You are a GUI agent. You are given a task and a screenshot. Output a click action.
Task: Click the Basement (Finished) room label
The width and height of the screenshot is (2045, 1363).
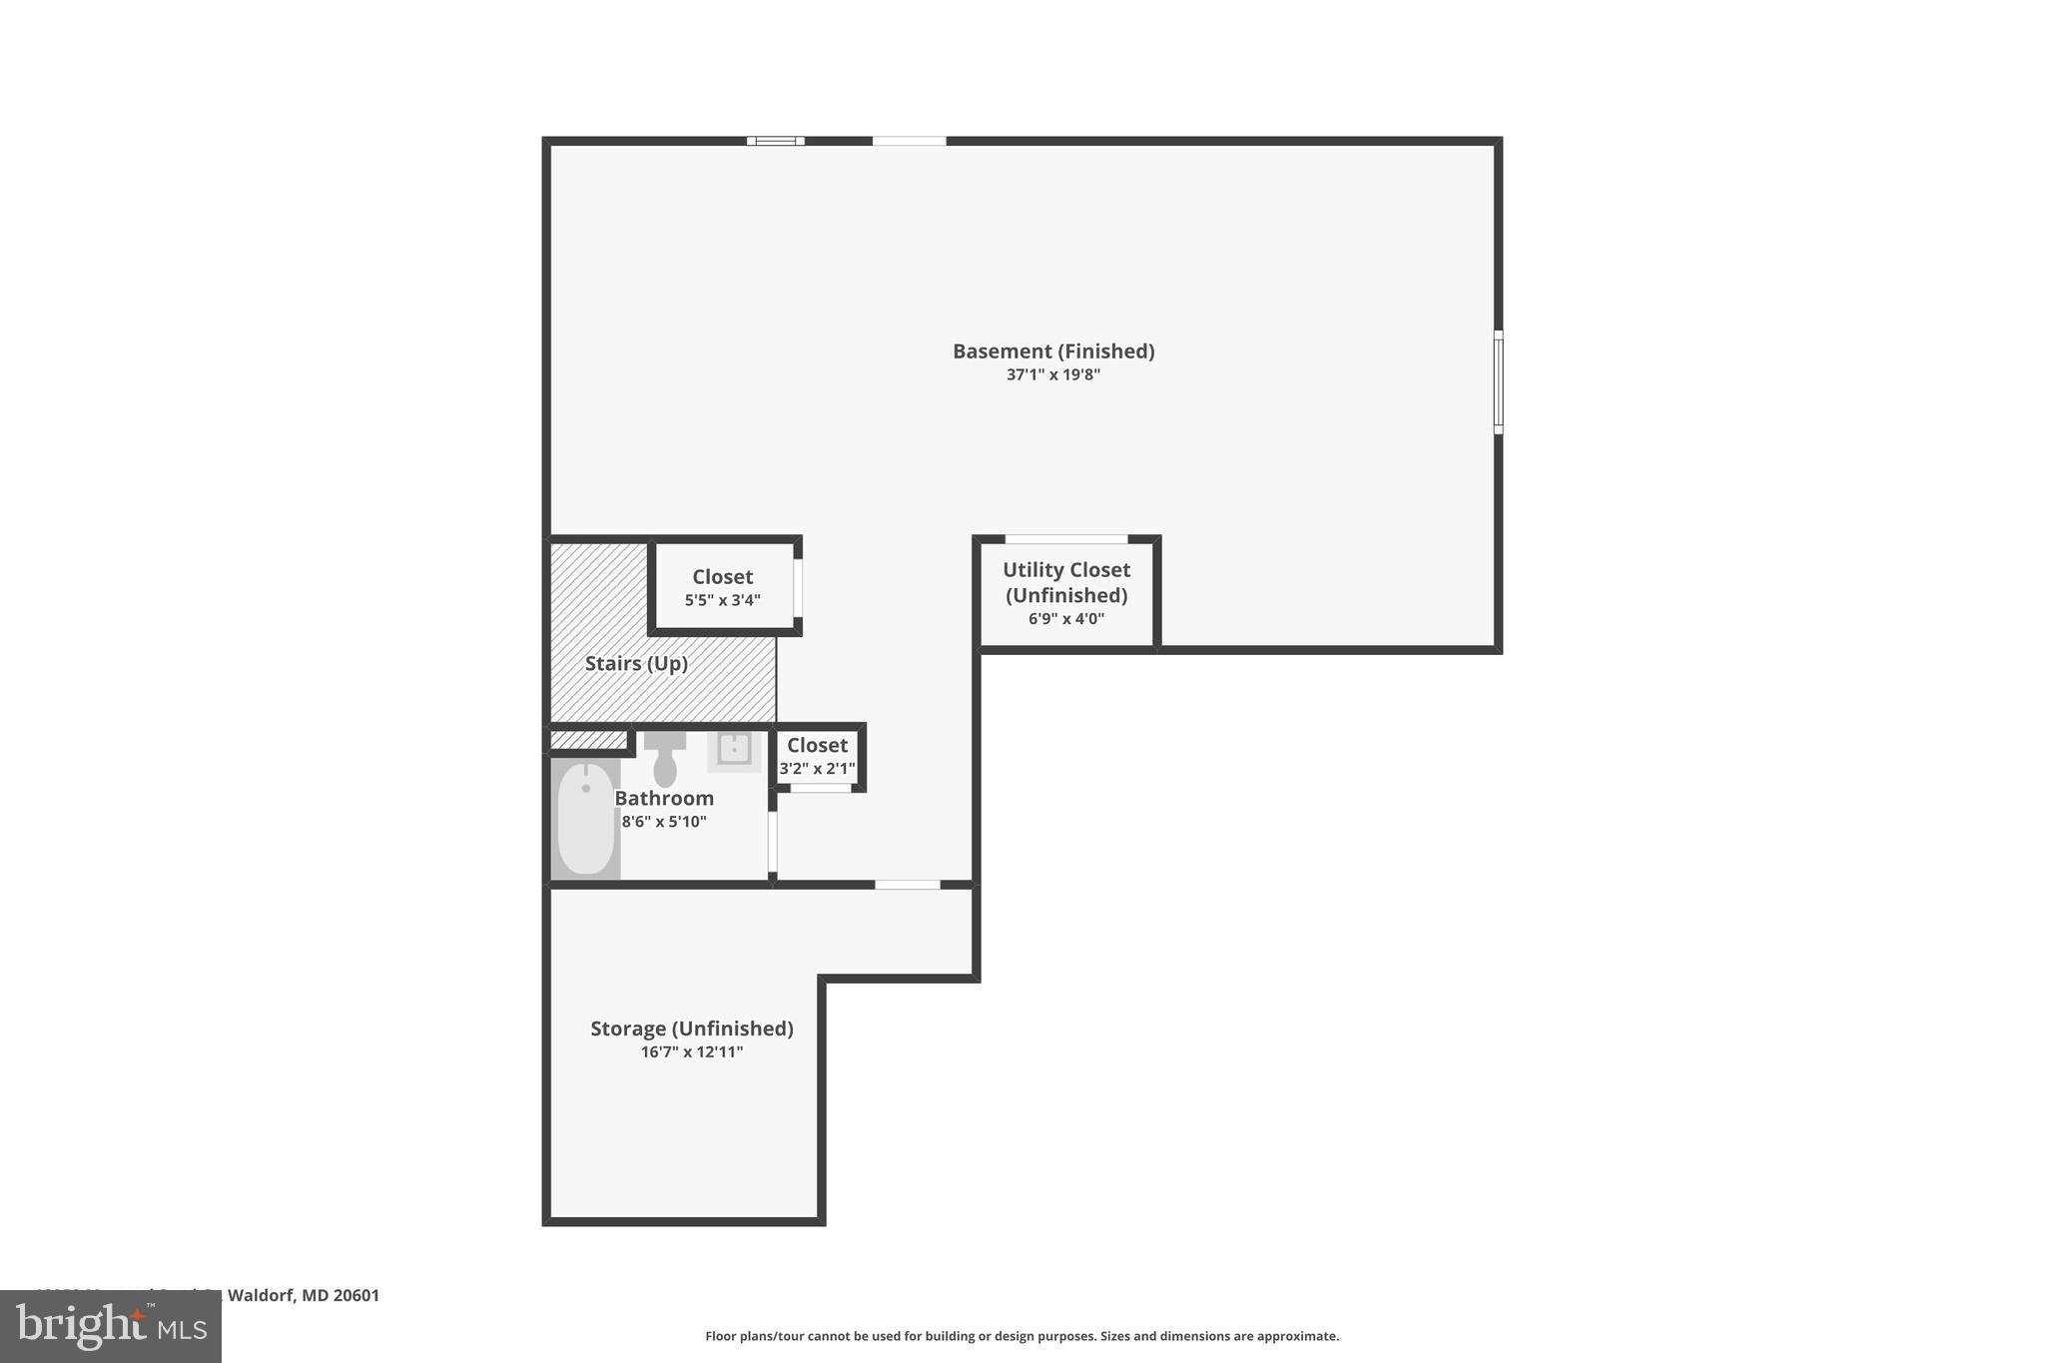click(1052, 351)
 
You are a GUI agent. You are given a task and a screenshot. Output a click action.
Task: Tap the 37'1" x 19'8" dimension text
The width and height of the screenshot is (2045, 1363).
click(1052, 375)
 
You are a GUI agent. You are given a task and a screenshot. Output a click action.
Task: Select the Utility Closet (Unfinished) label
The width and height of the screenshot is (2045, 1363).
click(1065, 582)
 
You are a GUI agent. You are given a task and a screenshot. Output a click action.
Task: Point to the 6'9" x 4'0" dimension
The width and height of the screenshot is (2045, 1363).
click(1065, 619)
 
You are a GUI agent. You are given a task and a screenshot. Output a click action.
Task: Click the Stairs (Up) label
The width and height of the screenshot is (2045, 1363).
click(636, 664)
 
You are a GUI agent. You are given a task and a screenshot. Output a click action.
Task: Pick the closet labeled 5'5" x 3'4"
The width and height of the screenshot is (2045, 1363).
click(722, 587)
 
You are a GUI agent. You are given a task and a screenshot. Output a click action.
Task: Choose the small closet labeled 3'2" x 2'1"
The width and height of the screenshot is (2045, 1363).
click(817, 756)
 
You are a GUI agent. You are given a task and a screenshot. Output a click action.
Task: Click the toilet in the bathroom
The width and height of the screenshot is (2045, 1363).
click(665, 760)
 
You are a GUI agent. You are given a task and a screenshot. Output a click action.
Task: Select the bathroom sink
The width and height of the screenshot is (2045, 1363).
click(734, 749)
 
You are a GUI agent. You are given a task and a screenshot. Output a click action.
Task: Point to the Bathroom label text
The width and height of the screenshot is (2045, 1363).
click(664, 799)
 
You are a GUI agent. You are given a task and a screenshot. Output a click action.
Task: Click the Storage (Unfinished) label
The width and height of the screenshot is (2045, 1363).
click(691, 1028)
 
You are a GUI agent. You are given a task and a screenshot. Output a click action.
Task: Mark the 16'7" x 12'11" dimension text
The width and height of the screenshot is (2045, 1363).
click(691, 1052)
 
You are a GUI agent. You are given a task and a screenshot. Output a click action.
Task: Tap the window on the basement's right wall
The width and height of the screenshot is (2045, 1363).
click(1498, 382)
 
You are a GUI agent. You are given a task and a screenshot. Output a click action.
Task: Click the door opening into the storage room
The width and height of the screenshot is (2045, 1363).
click(907, 885)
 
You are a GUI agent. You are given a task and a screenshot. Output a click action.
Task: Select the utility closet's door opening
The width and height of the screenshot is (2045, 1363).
click(1065, 540)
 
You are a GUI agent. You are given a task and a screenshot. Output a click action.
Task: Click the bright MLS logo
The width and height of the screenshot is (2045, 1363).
click(111, 1326)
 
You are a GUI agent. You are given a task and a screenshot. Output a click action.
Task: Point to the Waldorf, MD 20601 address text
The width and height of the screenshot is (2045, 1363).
click(304, 1296)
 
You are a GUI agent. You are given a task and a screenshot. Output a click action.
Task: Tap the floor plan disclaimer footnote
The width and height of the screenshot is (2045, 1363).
click(1022, 1336)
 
